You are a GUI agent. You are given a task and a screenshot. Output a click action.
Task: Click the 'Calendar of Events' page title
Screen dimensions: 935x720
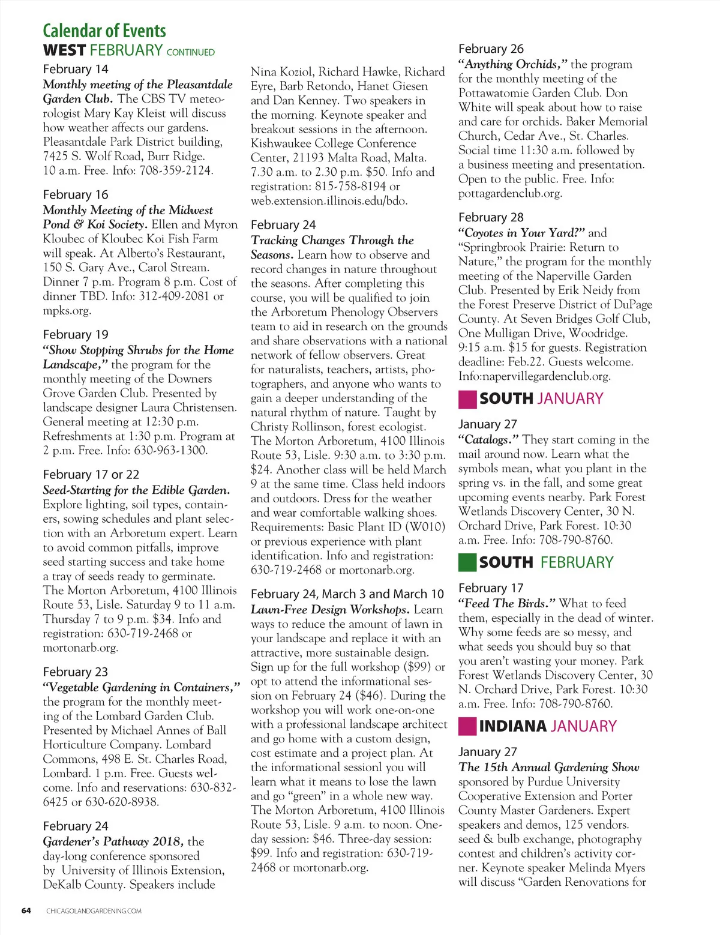click(x=104, y=31)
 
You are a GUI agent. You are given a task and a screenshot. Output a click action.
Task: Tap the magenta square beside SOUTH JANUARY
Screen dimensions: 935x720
click(x=467, y=399)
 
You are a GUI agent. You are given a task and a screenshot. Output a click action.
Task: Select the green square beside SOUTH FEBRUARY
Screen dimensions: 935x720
click(x=467, y=562)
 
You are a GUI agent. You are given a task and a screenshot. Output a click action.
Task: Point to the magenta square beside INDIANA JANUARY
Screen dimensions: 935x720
click(x=467, y=726)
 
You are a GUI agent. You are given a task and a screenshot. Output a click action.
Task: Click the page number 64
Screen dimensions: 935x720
click(x=26, y=910)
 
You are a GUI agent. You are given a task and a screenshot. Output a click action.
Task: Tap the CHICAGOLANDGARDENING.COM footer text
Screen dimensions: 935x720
click(x=94, y=911)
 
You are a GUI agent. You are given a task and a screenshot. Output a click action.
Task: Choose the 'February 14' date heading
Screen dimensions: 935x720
click(x=76, y=69)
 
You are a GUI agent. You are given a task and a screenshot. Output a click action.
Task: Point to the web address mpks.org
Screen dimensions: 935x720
click(x=67, y=311)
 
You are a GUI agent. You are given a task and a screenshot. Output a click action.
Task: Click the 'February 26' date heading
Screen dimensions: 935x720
click(x=491, y=49)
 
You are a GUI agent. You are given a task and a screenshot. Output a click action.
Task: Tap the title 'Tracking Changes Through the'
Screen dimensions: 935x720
click(x=332, y=241)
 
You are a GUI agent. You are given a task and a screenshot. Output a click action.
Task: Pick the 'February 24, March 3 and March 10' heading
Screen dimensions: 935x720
click(x=347, y=594)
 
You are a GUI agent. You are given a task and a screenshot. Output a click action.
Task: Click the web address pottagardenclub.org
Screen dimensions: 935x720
click(x=510, y=193)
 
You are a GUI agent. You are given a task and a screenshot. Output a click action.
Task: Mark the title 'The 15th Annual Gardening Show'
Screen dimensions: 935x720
click(x=548, y=768)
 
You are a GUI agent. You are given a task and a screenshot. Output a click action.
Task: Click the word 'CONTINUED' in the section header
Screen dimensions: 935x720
click(x=190, y=53)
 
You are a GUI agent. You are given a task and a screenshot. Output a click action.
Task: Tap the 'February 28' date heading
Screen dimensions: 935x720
click(x=491, y=217)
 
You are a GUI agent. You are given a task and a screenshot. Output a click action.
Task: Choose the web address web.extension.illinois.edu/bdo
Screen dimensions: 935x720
click(x=329, y=201)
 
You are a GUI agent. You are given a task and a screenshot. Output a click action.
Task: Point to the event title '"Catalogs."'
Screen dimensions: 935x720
click(x=488, y=440)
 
